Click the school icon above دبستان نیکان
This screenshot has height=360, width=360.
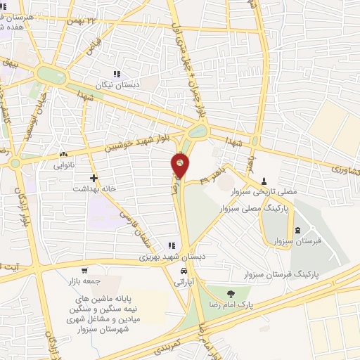(118, 73)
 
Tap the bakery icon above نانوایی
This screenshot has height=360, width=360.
(64, 154)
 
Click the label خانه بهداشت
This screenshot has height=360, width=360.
(94, 188)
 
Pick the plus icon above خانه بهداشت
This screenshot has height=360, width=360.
(94, 178)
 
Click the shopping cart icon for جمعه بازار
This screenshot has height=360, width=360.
(84, 271)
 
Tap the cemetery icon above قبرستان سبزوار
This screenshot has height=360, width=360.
(297, 231)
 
